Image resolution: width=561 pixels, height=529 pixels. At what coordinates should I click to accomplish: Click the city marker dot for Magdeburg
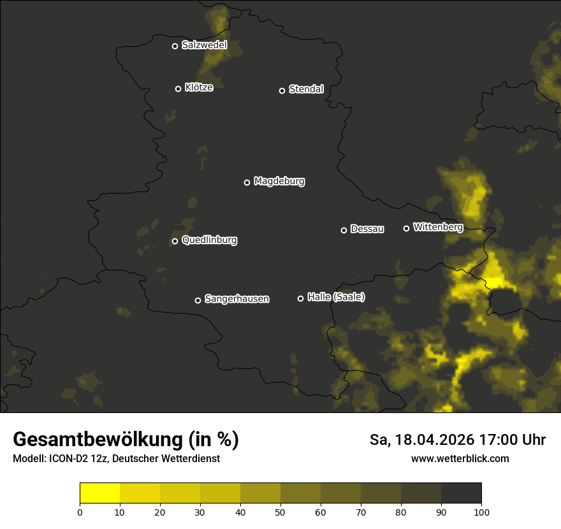pos(247,182)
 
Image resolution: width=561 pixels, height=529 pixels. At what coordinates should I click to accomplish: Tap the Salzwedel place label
pos(204,45)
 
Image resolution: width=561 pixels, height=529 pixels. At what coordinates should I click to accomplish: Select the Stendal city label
pos(306,89)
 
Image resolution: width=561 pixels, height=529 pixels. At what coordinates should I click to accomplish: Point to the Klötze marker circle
pos(178,89)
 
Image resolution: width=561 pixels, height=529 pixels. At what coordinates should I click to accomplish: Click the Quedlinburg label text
pos(209,240)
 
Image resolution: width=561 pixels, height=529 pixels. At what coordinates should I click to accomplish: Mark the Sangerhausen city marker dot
pos(198,300)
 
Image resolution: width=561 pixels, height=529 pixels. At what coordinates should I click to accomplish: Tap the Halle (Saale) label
pos(336,297)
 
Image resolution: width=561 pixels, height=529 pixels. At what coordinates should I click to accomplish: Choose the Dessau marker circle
pos(344,230)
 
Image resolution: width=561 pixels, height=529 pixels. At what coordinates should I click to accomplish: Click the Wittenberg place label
pos(437,227)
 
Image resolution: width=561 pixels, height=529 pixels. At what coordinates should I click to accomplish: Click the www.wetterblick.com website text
pos(460,458)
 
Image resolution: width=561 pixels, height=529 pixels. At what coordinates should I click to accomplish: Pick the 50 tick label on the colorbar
pos(280,512)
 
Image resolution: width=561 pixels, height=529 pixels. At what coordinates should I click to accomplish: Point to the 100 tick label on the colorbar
pos(481,512)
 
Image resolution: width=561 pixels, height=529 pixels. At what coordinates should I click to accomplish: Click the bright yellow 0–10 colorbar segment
pos(100,493)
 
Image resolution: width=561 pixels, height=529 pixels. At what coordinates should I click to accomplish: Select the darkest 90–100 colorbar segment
pos(461,493)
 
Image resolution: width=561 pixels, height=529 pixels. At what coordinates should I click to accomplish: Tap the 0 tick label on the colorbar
pos(80,512)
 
